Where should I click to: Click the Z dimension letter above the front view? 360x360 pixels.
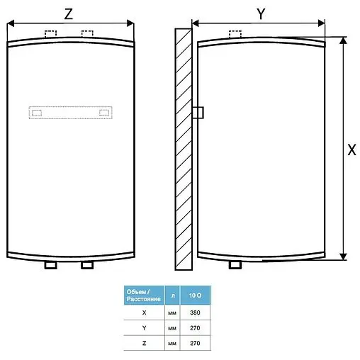[x=69, y=14]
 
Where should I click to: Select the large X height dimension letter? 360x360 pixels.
[x=351, y=150]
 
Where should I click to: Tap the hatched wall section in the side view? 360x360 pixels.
[x=184, y=149]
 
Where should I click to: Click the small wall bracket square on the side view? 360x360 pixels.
[x=198, y=112]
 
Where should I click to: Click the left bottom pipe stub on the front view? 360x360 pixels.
[x=50, y=265]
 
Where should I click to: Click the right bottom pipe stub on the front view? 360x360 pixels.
[x=87, y=265]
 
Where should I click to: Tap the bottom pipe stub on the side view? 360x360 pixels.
[x=236, y=265]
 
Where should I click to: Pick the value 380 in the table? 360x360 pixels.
[x=196, y=311]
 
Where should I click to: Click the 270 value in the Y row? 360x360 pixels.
[x=196, y=327]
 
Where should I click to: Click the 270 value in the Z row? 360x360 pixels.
[x=196, y=343]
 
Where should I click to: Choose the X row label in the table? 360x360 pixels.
[x=144, y=311]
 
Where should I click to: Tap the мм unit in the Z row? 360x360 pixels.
[x=171, y=343]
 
